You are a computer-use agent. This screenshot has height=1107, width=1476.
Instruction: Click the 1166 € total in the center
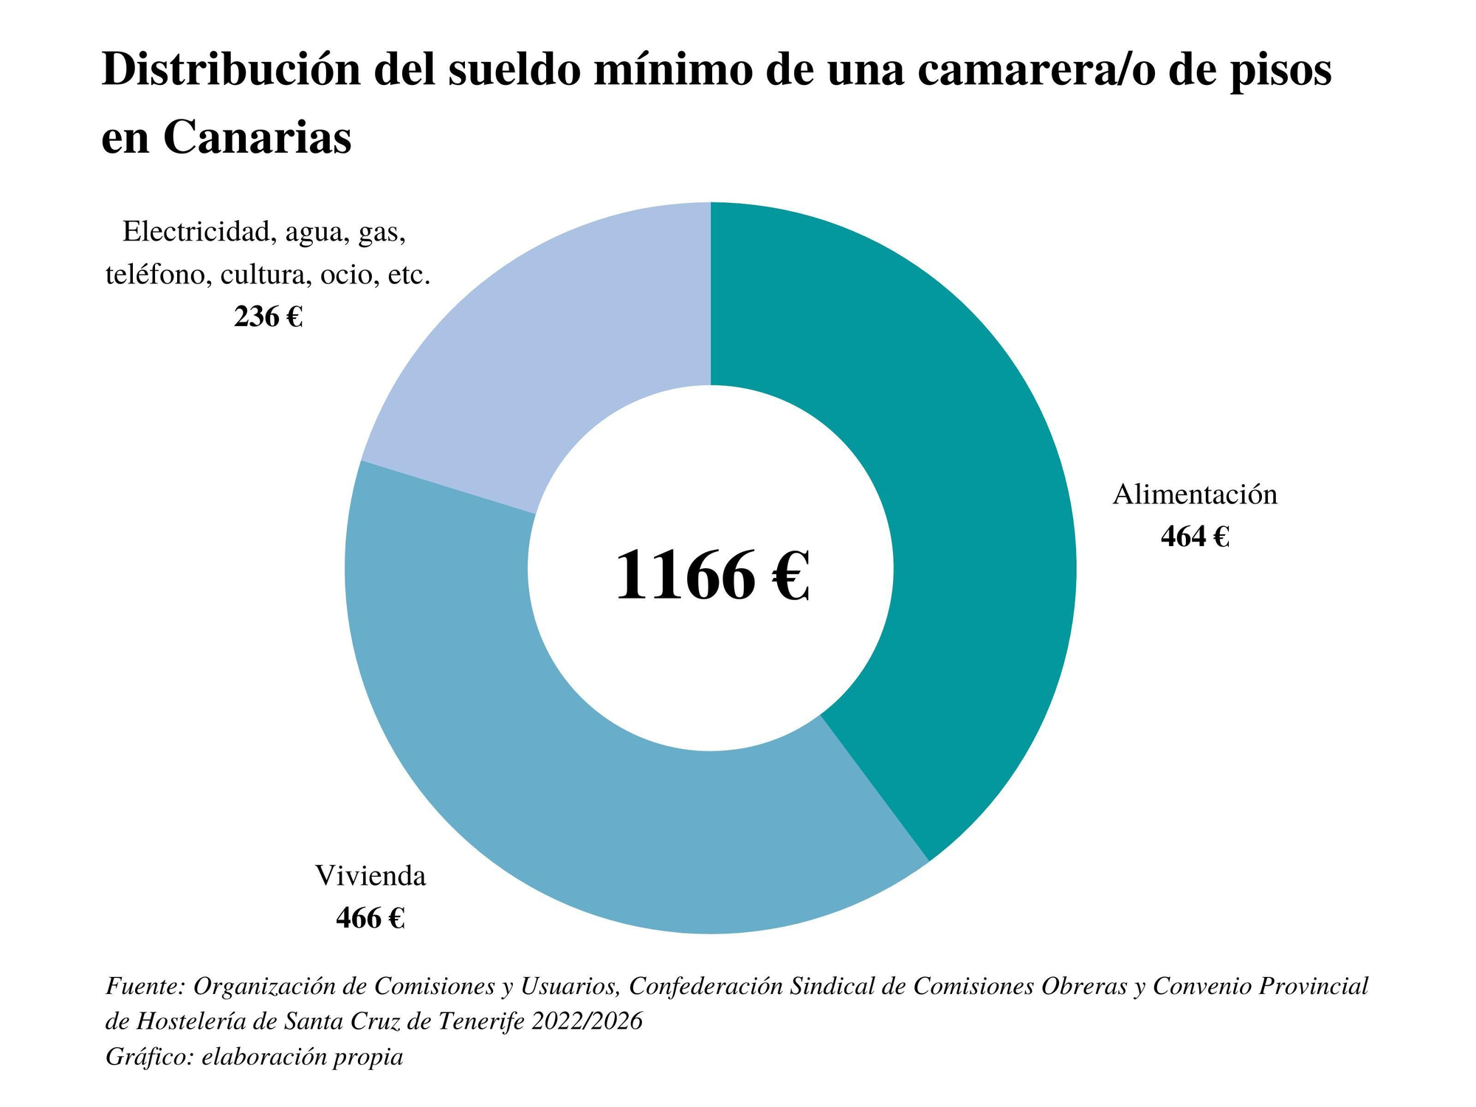(x=711, y=576)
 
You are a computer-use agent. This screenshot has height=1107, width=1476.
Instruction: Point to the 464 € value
(x=1194, y=537)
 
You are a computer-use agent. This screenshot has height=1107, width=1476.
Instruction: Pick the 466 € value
(x=370, y=918)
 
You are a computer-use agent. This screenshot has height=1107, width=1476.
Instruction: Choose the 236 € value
(x=268, y=317)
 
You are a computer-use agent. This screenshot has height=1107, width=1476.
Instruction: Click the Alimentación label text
(x=1194, y=494)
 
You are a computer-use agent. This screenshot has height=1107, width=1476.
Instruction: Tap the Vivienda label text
(x=370, y=877)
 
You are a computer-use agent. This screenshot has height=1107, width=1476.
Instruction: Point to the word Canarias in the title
(x=257, y=137)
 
